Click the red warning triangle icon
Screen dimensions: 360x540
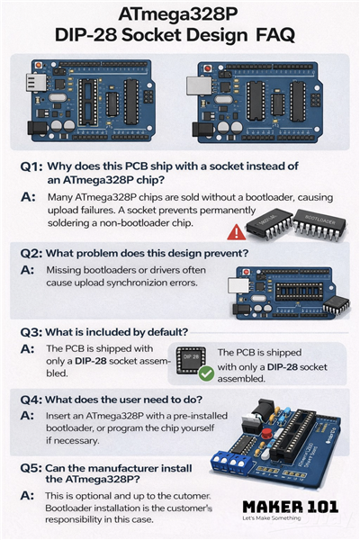(x=237, y=232)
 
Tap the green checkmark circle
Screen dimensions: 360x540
(x=207, y=373)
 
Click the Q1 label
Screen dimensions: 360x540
(x=31, y=166)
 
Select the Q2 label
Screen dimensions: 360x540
(x=31, y=254)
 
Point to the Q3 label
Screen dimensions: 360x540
(x=31, y=332)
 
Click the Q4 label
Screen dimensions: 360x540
(x=31, y=400)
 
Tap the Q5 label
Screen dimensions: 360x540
(x=31, y=468)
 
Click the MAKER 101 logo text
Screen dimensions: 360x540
(x=290, y=507)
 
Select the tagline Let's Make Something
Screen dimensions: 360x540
(x=272, y=518)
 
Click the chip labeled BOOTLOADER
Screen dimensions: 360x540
(x=319, y=224)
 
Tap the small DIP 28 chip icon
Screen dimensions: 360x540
(x=191, y=360)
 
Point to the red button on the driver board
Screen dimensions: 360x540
(x=266, y=433)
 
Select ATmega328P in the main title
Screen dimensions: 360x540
(x=178, y=14)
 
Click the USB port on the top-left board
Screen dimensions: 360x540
(x=36, y=82)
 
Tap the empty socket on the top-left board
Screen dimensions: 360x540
(x=87, y=101)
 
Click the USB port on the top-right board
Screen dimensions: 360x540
(x=199, y=85)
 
